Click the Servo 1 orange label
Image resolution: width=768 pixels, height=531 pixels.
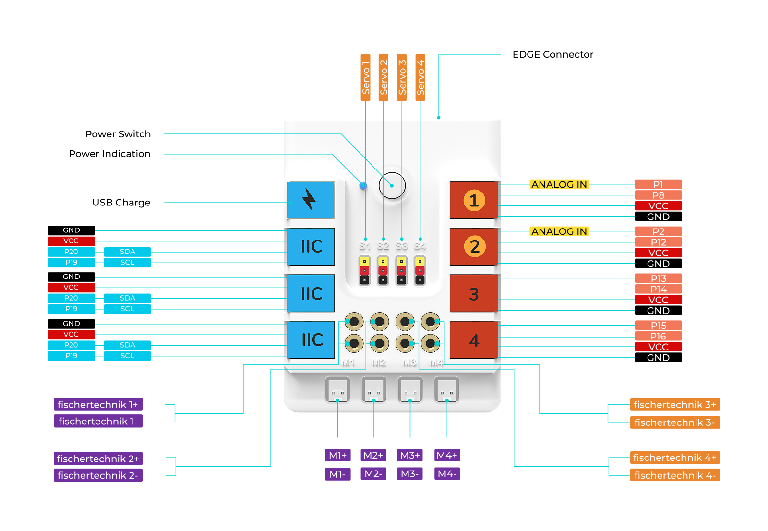tap(366, 77)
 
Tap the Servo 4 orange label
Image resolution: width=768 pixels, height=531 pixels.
tap(420, 77)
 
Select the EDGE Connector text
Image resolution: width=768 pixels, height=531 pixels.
tap(552, 54)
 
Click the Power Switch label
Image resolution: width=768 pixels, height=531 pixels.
tap(118, 134)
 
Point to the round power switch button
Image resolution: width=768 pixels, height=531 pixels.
tap(392, 185)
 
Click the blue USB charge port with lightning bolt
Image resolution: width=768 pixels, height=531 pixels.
tap(311, 200)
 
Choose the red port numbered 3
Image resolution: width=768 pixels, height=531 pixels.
tap(474, 294)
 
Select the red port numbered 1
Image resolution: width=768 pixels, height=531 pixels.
tap(474, 200)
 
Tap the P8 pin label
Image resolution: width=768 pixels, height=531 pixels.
tap(658, 195)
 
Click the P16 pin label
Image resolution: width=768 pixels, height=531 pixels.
tap(658, 336)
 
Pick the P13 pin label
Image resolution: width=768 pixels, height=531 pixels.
tap(658, 278)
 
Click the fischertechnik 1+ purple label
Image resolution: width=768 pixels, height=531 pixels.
tap(98, 405)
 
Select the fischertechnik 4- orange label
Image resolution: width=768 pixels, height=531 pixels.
tap(674, 475)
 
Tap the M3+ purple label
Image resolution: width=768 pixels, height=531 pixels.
tap(410, 455)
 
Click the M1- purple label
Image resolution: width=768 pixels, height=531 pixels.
tap(337, 474)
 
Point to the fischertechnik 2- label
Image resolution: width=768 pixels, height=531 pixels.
tap(98, 475)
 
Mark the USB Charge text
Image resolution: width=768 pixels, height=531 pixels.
tap(121, 203)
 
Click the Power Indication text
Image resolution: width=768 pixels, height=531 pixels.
tap(109, 154)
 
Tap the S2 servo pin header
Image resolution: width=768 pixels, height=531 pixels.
tap(383, 271)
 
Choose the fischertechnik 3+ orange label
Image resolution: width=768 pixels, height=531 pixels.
tap(674, 405)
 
